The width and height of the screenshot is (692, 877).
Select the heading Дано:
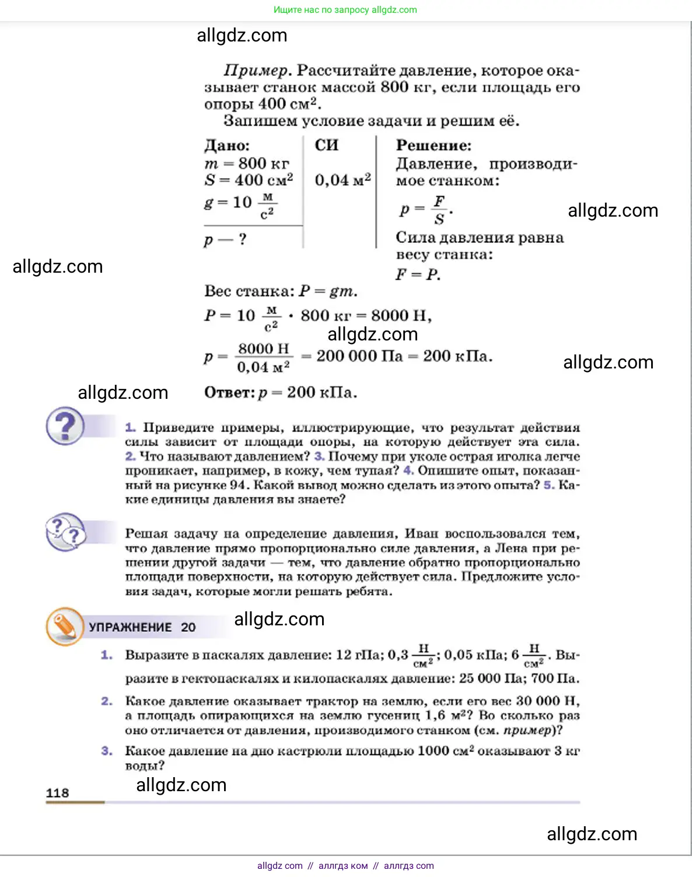(x=227, y=145)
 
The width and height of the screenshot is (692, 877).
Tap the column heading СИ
(x=326, y=145)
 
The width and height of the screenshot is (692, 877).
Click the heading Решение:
(x=434, y=145)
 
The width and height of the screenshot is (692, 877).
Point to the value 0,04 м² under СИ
(x=342, y=180)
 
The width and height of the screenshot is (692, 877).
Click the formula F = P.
(x=418, y=274)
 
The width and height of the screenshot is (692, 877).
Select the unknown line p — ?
(x=225, y=239)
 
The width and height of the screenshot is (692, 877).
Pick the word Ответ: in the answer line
(x=229, y=392)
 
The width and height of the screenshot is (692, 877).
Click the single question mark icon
(x=65, y=426)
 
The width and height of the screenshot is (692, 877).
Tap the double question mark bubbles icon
(x=65, y=531)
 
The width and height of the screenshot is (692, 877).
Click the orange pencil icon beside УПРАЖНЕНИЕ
(x=64, y=627)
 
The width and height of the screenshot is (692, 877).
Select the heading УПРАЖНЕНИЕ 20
(x=142, y=627)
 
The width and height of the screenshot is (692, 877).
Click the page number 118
(x=57, y=792)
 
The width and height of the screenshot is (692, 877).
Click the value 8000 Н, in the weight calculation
(x=401, y=316)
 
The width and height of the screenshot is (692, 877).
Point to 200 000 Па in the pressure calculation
(x=359, y=356)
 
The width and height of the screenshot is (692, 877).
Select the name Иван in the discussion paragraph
(x=421, y=534)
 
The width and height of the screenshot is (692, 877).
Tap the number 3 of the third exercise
(x=106, y=751)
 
